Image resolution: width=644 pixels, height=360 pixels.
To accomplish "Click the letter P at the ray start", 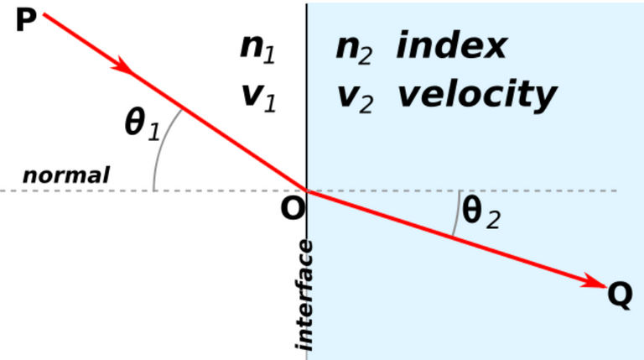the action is click(26, 21).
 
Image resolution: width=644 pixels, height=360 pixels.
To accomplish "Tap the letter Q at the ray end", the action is click(620, 295).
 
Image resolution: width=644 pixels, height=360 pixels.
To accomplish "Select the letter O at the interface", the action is click(293, 208).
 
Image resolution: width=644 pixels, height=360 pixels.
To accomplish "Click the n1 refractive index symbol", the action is click(257, 50).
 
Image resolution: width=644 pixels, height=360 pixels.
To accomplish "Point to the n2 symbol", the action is click(354, 50).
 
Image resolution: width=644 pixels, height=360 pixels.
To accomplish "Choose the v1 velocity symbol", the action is click(259, 98).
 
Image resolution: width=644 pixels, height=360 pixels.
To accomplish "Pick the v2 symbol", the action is click(356, 99).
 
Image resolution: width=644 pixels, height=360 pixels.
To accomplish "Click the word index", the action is click(451, 45).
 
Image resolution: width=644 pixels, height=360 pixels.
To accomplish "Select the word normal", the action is click(66, 175).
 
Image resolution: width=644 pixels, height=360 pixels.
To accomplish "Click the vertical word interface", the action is click(304, 295).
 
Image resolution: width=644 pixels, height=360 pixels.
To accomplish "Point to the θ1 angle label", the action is click(142, 124).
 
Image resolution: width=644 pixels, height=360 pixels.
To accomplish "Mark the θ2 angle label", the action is click(481, 212).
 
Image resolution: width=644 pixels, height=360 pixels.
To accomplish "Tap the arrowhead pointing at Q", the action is click(595, 281).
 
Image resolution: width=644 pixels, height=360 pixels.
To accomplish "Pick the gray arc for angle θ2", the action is click(457, 214).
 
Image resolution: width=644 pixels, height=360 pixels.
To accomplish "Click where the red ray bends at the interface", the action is click(307, 190).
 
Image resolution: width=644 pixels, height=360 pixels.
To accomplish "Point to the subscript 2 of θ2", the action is click(493, 220).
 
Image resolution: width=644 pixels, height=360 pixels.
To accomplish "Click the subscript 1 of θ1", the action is click(153, 133).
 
